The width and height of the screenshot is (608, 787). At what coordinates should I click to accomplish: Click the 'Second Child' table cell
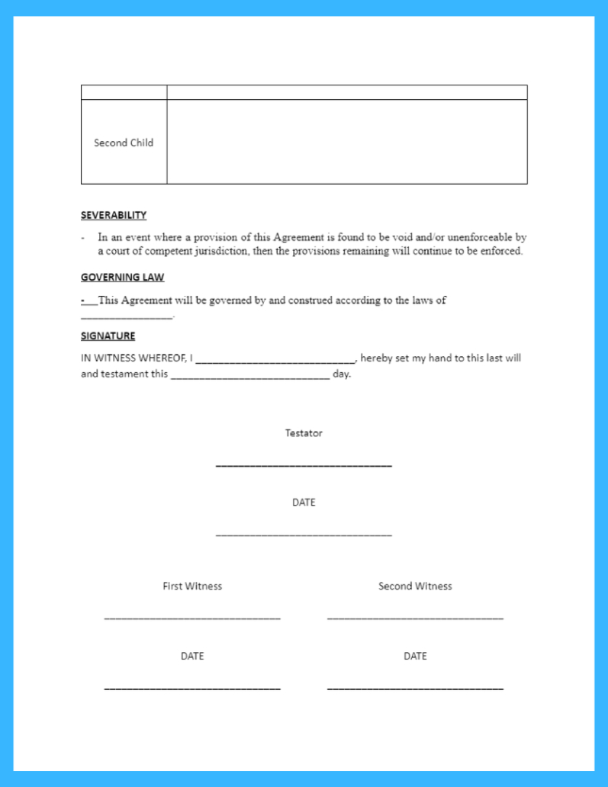(x=124, y=143)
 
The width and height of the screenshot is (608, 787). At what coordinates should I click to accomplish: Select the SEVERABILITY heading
(x=114, y=215)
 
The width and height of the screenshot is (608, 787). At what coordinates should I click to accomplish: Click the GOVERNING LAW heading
(x=122, y=278)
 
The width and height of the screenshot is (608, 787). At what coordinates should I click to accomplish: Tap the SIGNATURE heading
(x=108, y=336)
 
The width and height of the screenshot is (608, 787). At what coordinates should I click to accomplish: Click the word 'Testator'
(x=304, y=433)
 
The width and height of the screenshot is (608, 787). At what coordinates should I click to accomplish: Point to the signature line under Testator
(x=304, y=464)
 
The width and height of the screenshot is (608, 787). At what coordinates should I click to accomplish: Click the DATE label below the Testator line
(x=304, y=503)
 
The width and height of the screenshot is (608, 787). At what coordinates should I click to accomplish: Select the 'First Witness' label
(x=192, y=586)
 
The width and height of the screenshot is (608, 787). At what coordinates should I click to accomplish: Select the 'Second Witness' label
(x=415, y=586)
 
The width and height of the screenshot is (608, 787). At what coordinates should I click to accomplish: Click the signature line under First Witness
(x=192, y=617)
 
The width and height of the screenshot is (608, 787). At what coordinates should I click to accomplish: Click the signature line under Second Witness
(x=415, y=617)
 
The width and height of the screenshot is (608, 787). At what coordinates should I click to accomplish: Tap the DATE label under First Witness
(x=192, y=656)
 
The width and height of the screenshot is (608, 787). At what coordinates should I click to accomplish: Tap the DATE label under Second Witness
(x=415, y=656)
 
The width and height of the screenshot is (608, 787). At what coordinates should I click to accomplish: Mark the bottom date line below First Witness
(x=192, y=688)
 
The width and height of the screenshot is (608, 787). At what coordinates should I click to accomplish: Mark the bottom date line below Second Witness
(x=415, y=688)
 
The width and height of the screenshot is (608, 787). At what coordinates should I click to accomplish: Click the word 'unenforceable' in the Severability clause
(x=478, y=238)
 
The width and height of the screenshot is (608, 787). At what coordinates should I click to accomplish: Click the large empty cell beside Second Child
(x=346, y=142)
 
